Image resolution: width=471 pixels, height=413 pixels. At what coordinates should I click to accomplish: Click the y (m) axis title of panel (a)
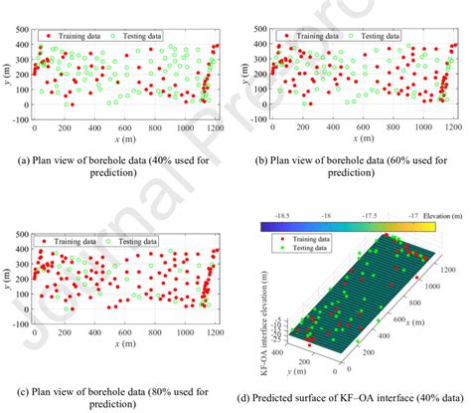click(x=6, y=74)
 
